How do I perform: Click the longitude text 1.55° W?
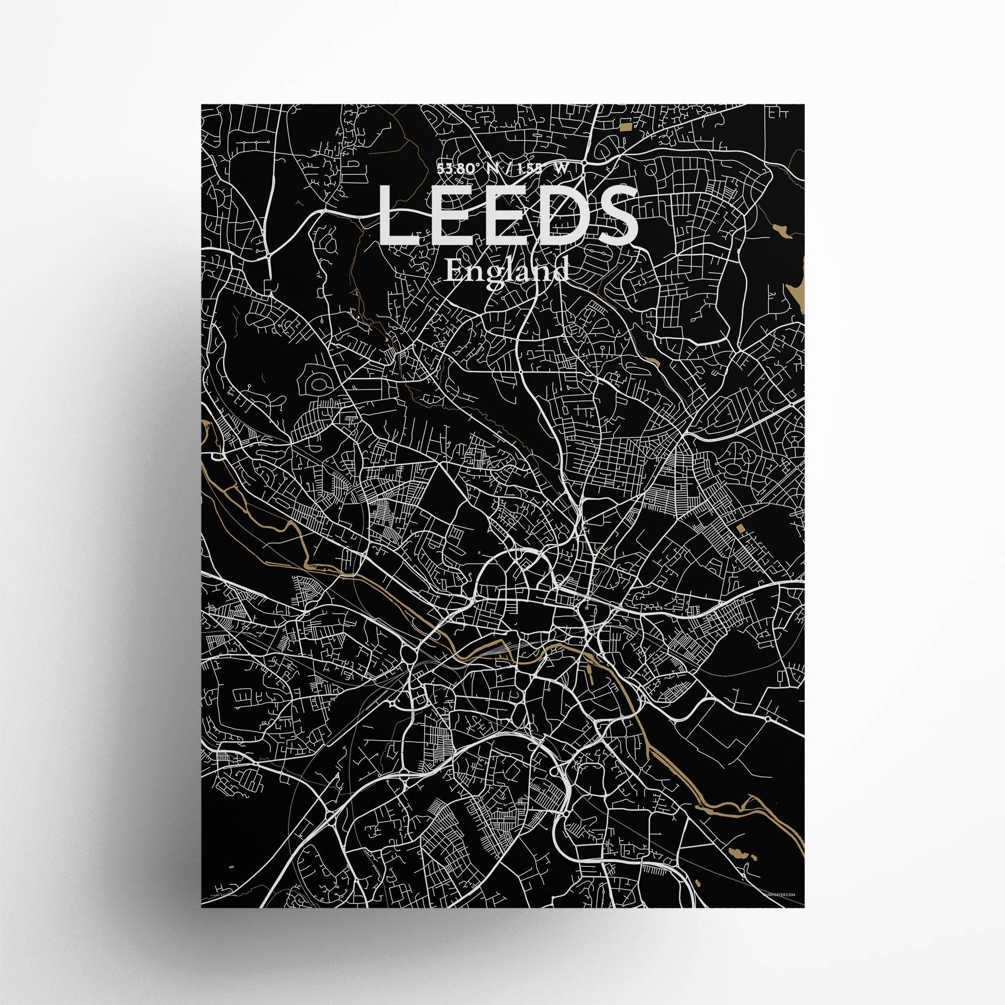point(546,168)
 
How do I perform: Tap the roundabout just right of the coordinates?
point(585,163)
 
